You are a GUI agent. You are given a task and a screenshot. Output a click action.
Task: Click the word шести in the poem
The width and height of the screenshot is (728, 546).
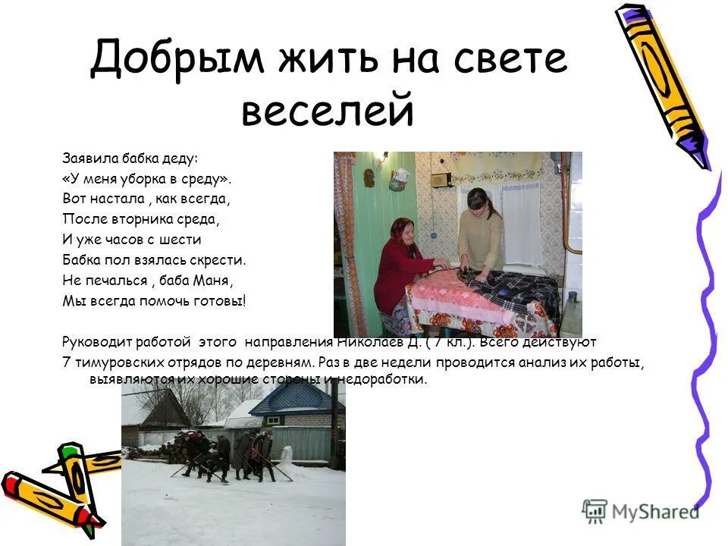183,240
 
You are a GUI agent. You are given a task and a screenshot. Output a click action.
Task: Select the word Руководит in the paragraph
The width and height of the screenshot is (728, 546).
93,342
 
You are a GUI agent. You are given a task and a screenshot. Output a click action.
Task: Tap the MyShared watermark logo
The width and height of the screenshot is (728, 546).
641,510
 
